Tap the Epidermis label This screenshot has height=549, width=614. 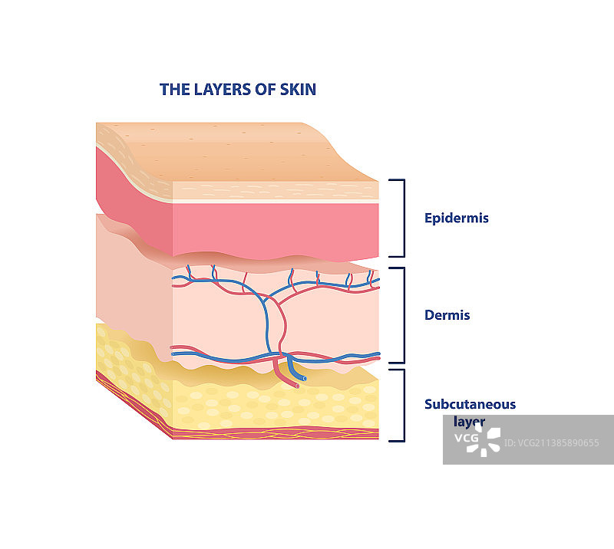[x=456, y=219]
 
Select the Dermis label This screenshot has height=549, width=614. [x=447, y=315]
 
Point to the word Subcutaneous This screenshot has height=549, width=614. [x=470, y=404]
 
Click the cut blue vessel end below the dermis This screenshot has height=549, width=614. [x=303, y=378]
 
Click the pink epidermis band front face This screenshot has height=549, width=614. [x=276, y=226]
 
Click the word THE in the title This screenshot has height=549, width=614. [x=172, y=90]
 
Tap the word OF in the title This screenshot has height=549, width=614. [x=265, y=90]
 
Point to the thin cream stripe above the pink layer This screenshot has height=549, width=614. [x=276, y=200]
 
